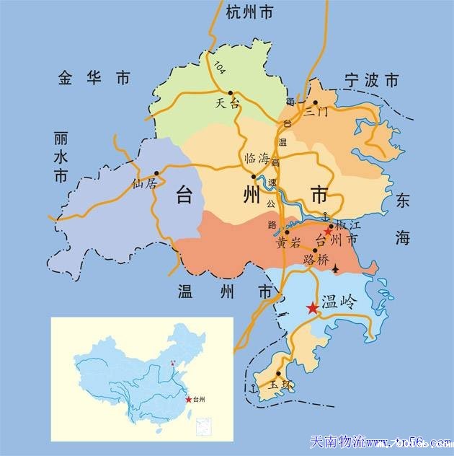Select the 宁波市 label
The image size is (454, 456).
click(371, 79)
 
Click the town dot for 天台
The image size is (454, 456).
click(231, 93)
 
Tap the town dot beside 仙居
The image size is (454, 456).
click(156, 173)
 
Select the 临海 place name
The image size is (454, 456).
click(257, 159)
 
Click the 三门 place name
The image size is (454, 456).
click(316, 111)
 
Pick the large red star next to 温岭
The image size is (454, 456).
click(312, 308)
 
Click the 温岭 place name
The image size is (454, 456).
click(338, 302)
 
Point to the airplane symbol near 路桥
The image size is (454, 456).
click(336, 269)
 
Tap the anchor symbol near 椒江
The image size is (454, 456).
click(325, 215)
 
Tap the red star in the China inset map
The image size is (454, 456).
click(188, 400)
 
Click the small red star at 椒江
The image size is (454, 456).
click(327, 232)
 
